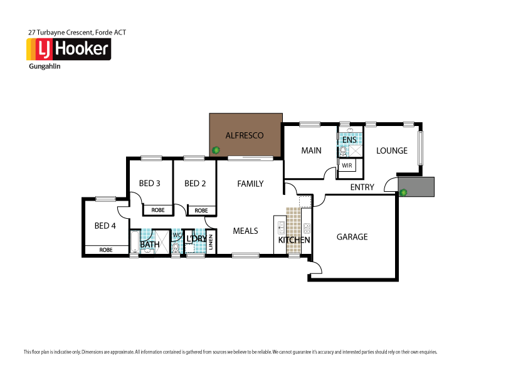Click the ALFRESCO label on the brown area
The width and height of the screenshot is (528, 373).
click(x=244, y=135)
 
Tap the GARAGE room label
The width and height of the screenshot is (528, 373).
click(x=352, y=237)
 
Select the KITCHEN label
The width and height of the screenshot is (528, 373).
click(x=294, y=240)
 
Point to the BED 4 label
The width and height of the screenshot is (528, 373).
click(x=105, y=226)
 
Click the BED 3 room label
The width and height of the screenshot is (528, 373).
click(x=150, y=184)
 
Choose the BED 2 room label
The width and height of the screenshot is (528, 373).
click(x=195, y=184)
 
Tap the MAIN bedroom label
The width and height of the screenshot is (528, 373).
click(x=311, y=150)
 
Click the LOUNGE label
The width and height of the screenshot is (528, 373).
click(x=392, y=150)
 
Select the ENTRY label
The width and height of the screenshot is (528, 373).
click(x=362, y=187)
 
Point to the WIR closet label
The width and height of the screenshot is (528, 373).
click(x=347, y=165)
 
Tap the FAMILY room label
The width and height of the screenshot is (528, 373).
click(x=250, y=184)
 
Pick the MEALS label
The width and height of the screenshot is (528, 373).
click(x=245, y=231)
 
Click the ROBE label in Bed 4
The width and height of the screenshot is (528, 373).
click(x=106, y=250)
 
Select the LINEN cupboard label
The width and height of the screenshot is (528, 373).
click(x=211, y=242)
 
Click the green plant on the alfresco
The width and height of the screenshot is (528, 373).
click(x=216, y=150)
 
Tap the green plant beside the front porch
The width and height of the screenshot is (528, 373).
click(x=403, y=192)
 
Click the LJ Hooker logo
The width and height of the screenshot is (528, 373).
click(x=68, y=49)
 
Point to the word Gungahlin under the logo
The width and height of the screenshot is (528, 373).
click(x=45, y=66)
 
